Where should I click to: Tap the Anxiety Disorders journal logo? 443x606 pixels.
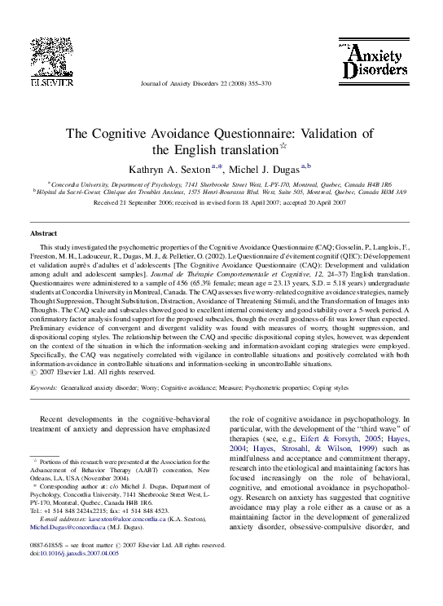(x=374, y=61)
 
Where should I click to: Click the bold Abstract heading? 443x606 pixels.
(x=44, y=233)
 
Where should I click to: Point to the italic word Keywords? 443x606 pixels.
(x=43, y=388)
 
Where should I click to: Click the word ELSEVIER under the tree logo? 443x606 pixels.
(x=52, y=82)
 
